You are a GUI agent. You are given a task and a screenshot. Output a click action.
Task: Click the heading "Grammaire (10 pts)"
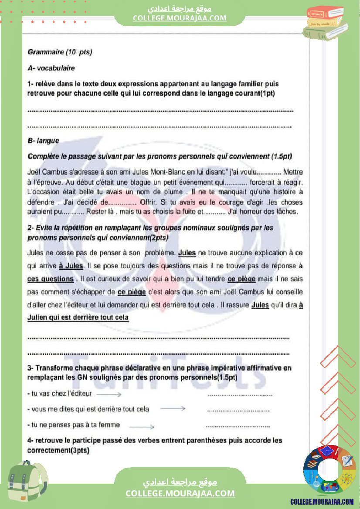(60, 52)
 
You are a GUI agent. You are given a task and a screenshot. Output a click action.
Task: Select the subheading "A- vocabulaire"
(51, 68)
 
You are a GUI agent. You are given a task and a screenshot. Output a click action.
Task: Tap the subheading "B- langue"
(43, 141)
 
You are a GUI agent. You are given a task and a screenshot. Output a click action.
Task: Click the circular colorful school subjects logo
(329, 470)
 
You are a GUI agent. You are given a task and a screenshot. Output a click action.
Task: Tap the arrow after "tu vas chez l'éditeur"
(109, 394)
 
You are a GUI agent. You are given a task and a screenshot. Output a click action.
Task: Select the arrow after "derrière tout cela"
(173, 409)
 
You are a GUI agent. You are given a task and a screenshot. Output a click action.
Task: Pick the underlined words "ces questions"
(51, 279)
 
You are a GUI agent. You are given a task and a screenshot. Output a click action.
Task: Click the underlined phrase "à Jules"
(71, 266)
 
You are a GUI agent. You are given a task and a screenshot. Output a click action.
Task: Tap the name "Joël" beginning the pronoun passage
(34, 172)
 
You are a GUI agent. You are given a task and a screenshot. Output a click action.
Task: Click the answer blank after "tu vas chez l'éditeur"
(240, 395)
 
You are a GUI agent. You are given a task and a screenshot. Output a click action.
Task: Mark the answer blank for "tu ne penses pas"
(238, 426)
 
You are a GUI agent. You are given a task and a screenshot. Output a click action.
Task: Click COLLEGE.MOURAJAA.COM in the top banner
(180, 18)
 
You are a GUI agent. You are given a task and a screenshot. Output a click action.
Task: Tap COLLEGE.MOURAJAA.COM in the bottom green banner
(180, 493)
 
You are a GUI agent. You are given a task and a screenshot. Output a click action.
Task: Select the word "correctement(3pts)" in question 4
(58, 450)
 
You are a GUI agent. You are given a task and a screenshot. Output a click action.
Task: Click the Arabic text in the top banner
(180, 9)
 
